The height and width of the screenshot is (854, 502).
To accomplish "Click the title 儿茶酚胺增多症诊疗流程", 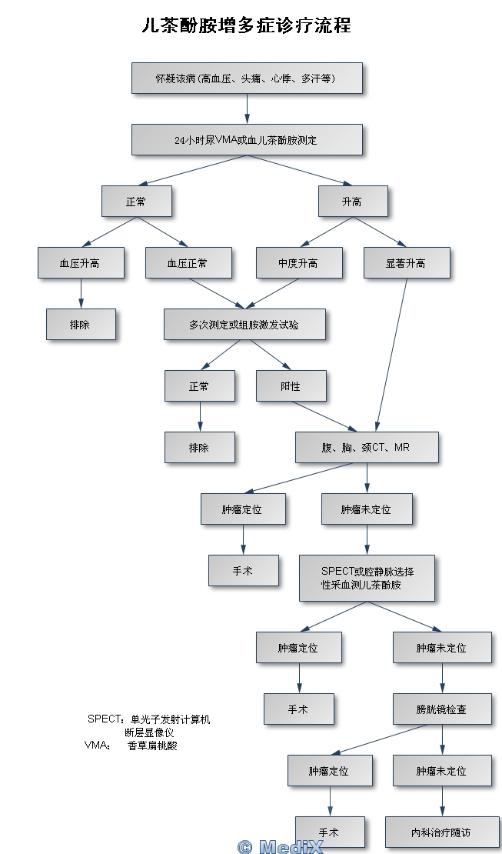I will tap(247, 25).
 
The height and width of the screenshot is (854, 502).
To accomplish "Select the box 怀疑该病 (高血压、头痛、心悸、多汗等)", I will tap(247, 78).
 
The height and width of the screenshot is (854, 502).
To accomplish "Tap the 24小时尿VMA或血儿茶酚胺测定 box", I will tap(247, 140).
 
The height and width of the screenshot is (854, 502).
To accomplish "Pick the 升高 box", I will tap(353, 202).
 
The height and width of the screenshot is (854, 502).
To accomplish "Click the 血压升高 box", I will tap(80, 263).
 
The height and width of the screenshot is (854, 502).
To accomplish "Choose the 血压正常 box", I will tap(188, 263).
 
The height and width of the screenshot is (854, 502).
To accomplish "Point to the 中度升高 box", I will tap(298, 263).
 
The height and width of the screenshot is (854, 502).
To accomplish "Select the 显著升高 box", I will tap(406, 263).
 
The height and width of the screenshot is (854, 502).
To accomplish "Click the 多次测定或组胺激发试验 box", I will tap(244, 325).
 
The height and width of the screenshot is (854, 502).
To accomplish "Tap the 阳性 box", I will tap(291, 386).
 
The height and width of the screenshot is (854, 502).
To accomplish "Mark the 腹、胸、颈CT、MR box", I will tap(367, 447).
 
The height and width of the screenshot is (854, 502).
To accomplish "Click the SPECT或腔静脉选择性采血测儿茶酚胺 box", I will tap(367, 578).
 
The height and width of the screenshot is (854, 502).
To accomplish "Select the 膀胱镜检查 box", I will tap(441, 709).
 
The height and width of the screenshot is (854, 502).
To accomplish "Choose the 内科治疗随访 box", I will tap(441, 832).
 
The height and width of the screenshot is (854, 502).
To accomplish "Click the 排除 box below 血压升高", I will tap(80, 325).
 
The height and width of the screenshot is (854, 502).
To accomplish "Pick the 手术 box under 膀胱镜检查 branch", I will tap(329, 832).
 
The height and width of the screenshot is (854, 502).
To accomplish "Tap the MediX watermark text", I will tap(281, 847).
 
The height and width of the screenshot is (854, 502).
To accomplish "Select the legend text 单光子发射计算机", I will tap(170, 719).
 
